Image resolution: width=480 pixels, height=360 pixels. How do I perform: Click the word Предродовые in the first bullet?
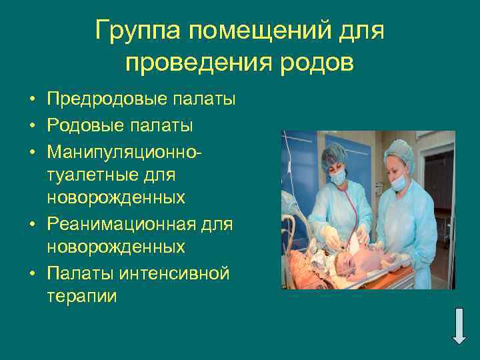[x=106, y=100]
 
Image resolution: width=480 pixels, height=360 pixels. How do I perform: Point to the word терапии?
[x=82, y=296]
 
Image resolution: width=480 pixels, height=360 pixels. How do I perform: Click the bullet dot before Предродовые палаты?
[x=31, y=101]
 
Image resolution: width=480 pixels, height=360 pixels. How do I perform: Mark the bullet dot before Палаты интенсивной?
[x=31, y=273]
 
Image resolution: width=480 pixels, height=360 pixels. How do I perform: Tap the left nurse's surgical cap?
[x=333, y=153]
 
